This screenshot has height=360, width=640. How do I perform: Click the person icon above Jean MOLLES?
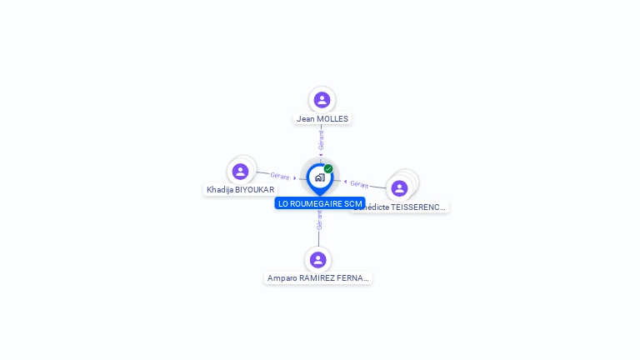coord(322,100)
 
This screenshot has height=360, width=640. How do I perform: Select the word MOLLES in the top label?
coord(332,119)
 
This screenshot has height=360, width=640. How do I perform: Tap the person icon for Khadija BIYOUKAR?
coord(240,171)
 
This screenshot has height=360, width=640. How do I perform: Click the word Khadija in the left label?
coord(220,190)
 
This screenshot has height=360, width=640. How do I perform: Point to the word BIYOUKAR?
coord(255,190)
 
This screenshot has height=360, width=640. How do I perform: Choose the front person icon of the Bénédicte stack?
coord(399,188)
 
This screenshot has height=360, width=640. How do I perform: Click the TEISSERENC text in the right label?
coord(417,207)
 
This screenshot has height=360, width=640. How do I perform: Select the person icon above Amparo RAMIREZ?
coord(317,259)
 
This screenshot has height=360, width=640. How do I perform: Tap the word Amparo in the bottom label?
coord(282,278)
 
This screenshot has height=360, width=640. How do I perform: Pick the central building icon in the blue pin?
coord(319,177)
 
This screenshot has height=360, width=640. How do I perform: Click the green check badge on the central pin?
coord(328,169)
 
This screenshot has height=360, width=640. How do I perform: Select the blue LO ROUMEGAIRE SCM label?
coord(320,203)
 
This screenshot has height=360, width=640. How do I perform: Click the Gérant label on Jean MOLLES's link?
coord(321,139)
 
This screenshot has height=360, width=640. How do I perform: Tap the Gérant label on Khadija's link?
coord(279,176)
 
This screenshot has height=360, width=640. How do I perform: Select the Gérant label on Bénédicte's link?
coord(359,184)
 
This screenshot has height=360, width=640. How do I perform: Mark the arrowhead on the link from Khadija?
coord(295,177)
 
